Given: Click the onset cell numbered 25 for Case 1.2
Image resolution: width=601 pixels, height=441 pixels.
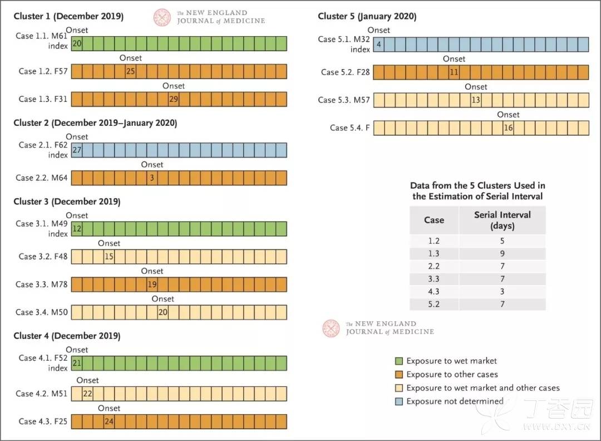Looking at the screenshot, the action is (x=130, y=71).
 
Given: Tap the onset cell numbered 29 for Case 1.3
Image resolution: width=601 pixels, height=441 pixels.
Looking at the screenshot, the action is (x=173, y=99).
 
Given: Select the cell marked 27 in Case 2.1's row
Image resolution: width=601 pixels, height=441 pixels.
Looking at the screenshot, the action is (x=77, y=150).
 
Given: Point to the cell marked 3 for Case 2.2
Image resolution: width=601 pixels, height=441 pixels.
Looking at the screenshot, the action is (x=152, y=178).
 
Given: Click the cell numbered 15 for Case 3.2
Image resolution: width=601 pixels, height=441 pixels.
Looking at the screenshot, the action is (x=109, y=257).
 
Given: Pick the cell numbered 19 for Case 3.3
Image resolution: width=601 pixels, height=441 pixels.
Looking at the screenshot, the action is (x=152, y=285).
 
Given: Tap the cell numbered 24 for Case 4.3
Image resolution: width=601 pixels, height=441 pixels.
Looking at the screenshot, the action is (x=109, y=422).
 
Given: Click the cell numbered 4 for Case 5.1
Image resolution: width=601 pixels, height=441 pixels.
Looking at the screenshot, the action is (x=379, y=45).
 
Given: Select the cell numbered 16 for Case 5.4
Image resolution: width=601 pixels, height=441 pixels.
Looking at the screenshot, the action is (x=508, y=128).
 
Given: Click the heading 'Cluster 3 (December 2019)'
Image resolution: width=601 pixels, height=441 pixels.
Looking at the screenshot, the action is (x=67, y=202).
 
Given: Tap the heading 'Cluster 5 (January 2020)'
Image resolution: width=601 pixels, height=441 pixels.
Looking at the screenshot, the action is (x=367, y=17).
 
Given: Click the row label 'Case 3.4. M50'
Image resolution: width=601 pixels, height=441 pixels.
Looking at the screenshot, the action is (x=41, y=312).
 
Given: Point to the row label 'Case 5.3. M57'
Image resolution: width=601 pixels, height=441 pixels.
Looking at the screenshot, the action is (x=344, y=100).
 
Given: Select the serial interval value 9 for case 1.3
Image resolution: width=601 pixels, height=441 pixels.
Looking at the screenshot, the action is (x=502, y=253).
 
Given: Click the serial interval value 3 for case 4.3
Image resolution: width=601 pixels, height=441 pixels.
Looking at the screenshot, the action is (x=502, y=291).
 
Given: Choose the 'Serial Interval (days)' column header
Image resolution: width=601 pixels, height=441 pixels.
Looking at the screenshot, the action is (x=502, y=220).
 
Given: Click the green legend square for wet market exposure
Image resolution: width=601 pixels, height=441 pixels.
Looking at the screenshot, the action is (x=398, y=361).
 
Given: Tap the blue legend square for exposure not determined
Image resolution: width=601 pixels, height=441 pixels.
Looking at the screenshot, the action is (x=398, y=401).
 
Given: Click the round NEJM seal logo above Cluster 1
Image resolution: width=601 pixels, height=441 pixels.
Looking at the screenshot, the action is (x=162, y=17).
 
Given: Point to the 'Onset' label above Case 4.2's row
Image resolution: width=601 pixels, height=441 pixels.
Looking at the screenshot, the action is (x=87, y=380).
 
